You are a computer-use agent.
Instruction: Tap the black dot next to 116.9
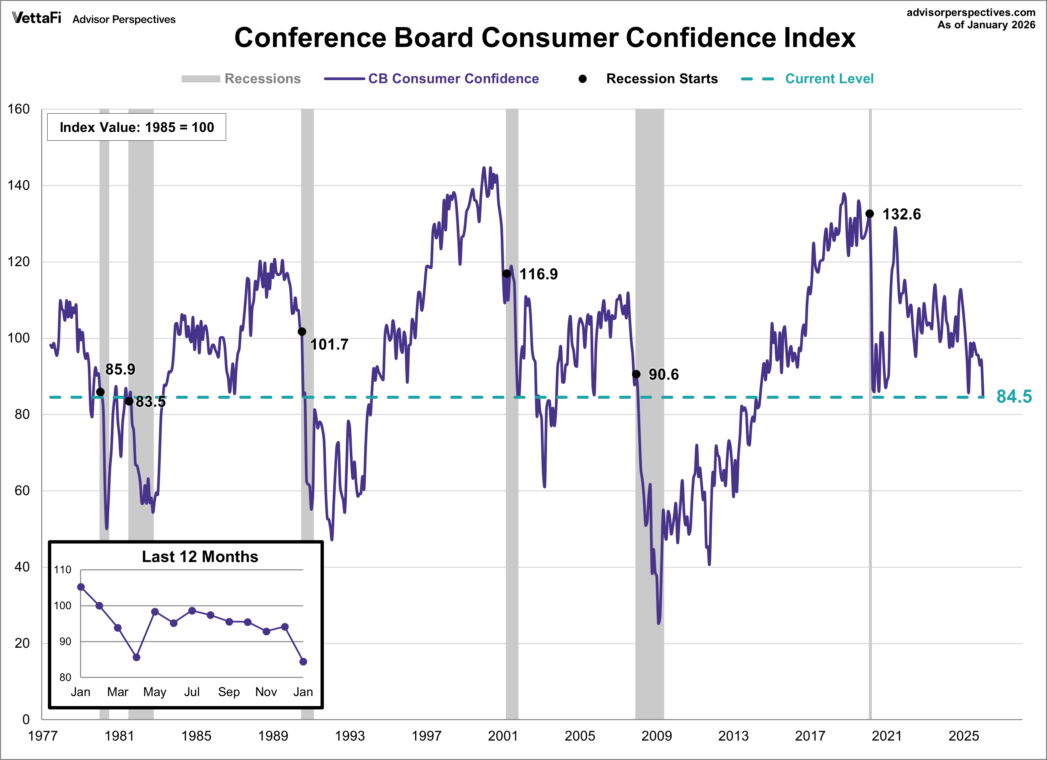click(506, 273)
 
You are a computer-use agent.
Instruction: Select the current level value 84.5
click(1014, 396)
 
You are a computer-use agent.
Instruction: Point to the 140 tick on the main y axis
click(18, 185)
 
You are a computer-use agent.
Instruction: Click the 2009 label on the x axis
click(656, 736)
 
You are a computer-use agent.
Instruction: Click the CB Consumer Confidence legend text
click(453, 78)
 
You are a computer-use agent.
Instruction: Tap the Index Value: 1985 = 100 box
click(137, 127)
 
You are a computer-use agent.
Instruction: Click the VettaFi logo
click(37, 18)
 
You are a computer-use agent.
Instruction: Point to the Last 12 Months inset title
click(200, 557)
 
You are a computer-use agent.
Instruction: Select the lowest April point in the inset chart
click(136, 657)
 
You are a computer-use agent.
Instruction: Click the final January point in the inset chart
click(303, 661)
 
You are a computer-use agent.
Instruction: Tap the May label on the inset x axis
click(155, 692)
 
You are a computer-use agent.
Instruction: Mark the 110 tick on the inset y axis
click(63, 570)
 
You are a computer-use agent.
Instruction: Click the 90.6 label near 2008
click(664, 374)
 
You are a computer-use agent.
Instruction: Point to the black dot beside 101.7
click(302, 332)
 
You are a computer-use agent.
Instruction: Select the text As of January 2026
click(986, 25)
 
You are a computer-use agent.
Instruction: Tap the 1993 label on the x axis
click(349, 736)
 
